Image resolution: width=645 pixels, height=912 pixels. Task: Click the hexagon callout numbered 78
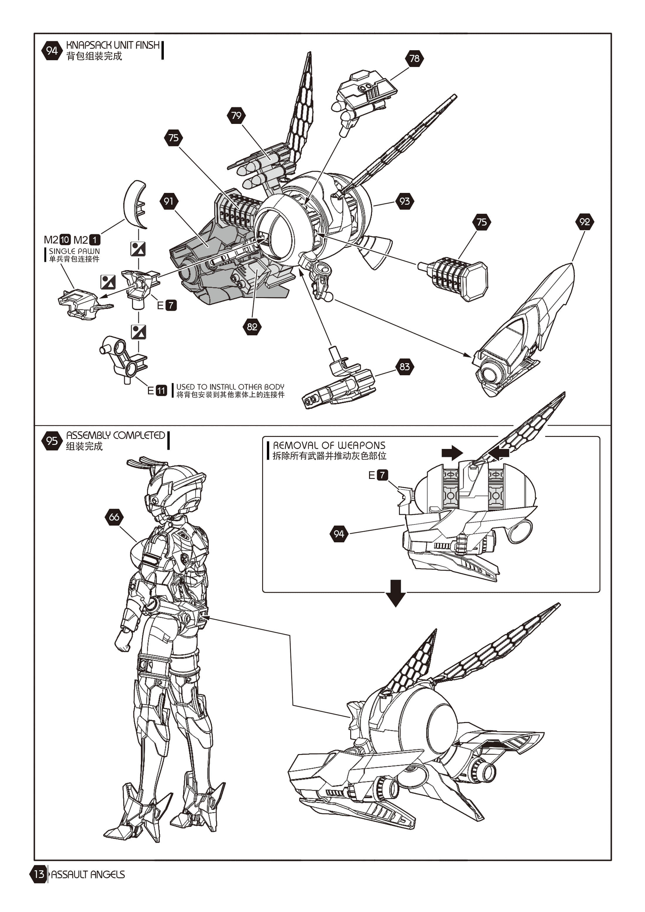coord(414,58)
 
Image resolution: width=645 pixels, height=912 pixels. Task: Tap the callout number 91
coord(169,201)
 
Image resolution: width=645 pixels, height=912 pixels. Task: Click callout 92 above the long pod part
coord(585,222)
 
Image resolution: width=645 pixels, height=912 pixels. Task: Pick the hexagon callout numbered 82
coord(252,327)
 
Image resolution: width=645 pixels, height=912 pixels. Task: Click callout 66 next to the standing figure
coord(114,517)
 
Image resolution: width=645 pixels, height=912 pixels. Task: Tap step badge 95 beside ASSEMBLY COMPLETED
coord(52,440)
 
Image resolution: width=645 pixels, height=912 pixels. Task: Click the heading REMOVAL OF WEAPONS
coord(329,445)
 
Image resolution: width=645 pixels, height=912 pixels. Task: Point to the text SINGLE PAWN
coord(74,251)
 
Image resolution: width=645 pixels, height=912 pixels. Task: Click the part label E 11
coord(157,391)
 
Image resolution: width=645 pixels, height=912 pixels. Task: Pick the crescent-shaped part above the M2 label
coord(135,205)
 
